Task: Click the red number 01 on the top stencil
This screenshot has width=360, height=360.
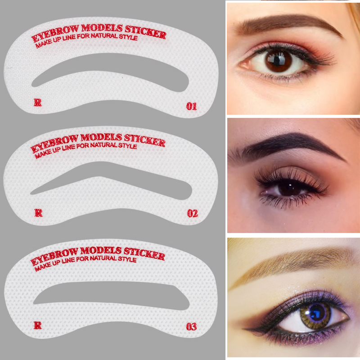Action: click(192, 106)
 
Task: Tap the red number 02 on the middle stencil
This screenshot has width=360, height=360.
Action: click(193, 213)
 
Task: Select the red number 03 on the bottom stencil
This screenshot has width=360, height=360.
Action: click(191, 327)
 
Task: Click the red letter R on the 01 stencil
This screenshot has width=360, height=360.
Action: click(38, 103)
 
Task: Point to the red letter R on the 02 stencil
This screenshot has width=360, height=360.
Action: click(39, 213)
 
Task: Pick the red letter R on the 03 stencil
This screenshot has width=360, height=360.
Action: click(38, 325)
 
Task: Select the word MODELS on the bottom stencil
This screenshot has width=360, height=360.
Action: click(101, 251)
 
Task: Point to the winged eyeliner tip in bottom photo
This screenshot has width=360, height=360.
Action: click(244, 329)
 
